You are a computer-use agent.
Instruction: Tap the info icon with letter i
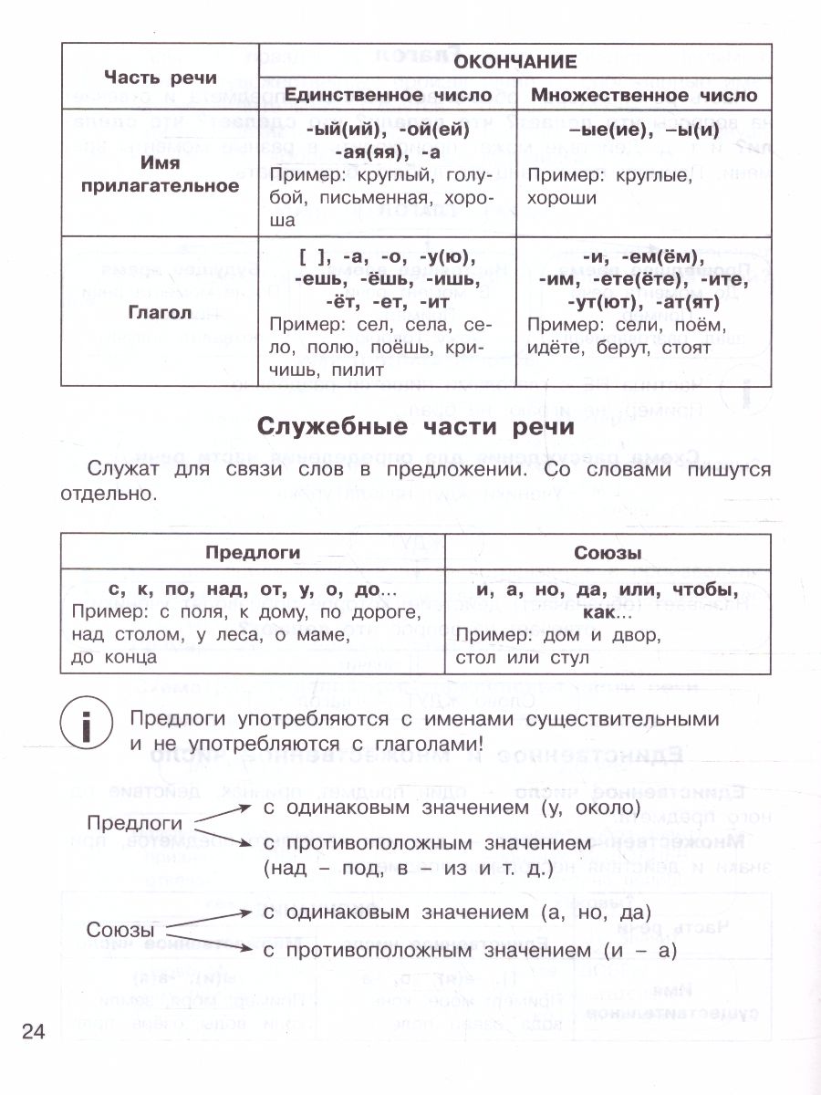[85, 730]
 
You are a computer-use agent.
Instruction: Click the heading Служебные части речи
[415, 426]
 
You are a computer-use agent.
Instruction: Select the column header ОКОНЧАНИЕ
[515, 61]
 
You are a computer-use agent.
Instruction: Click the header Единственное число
[388, 95]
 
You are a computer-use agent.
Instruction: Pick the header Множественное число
[644, 95]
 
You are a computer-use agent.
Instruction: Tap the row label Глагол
[161, 312]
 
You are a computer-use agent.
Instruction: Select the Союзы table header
[608, 552]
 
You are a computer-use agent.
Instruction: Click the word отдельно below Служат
[120, 494]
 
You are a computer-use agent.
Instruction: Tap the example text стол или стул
[522, 656]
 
